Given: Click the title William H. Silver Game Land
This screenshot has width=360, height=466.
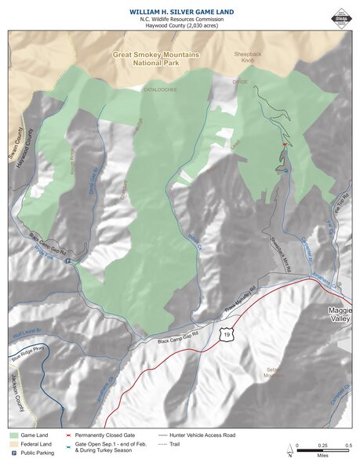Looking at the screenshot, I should pyautogui.click(x=180, y=11).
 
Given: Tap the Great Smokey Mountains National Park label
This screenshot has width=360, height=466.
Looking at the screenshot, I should pyautogui.click(x=155, y=59).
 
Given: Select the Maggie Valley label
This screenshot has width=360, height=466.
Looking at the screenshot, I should pyautogui.click(x=342, y=316).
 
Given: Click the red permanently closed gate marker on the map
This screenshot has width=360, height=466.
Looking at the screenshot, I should pyautogui.click(x=284, y=144).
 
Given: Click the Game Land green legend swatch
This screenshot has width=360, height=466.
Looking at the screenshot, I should pyautogui.click(x=15, y=434).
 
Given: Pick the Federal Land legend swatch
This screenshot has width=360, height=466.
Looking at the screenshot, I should pyautogui.click(x=15, y=443).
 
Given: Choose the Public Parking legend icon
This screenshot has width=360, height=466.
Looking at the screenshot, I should pyautogui.click(x=15, y=453).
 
